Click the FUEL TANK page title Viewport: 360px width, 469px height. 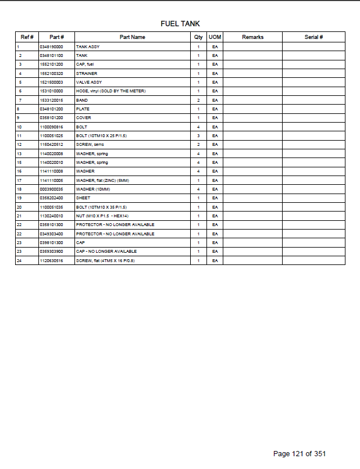click(180, 24)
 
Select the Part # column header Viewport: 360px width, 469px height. click(56, 37)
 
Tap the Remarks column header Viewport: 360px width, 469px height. click(252, 37)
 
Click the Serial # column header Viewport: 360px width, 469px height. click(313, 37)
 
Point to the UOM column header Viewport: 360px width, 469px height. click(215, 37)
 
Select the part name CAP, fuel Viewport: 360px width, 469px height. click(85, 64)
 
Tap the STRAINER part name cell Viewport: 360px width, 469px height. click(87, 73)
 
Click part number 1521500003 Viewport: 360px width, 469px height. click(51, 82)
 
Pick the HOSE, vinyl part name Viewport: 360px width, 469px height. click(111, 91)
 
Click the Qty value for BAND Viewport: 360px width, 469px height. click(198, 100)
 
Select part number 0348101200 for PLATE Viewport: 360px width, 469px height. click(51, 109)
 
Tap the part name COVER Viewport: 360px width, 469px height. click(84, 118)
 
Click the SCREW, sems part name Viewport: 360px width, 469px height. click(89, 145)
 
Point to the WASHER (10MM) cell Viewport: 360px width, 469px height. click(91, 189)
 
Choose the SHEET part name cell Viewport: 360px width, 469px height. click(83, 198)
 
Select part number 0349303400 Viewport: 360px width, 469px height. click(51, 234)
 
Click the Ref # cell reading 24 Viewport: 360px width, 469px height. click(19, 260)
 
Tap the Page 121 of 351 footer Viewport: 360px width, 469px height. click(303, 453)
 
